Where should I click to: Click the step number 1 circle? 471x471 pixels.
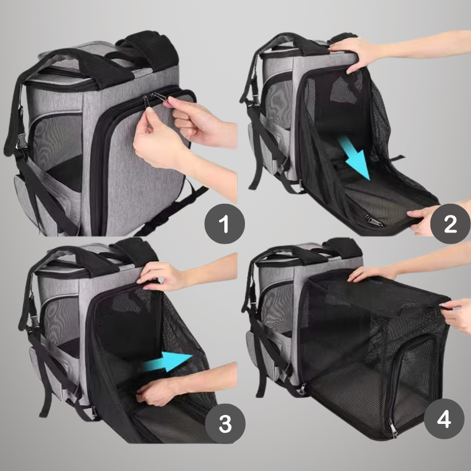tap(225, 224)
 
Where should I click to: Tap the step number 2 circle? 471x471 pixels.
tap(450, 224)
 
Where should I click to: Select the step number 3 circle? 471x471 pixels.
tap(225, 423)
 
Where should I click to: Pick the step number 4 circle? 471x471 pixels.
tap(444, 419)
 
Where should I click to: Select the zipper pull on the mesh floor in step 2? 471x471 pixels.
tap(373, 221)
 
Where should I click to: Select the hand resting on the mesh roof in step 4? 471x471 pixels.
tap(373, 273)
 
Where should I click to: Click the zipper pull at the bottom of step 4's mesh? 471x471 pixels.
tap(393, 428)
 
